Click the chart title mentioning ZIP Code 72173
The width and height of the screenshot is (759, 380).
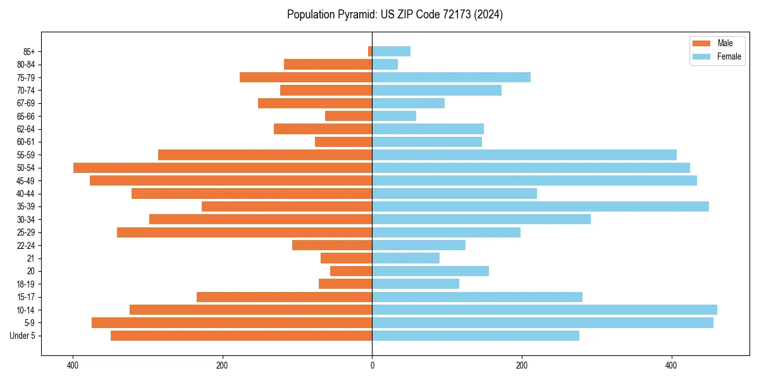(x=395, y=15)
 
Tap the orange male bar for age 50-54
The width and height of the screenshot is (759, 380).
(x=223, y=168)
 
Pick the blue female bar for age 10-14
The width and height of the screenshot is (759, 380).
(x=544, y=310)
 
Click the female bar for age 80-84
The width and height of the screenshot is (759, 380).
(x=385, y=65)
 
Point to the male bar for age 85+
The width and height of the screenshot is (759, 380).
(x=370, y=51)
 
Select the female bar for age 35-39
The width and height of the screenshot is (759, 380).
(x=540, y=206)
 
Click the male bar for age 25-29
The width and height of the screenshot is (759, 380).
(x=244, y=232)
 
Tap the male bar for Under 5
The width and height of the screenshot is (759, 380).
(x=241, y=336)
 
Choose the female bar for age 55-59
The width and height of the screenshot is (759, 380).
(x=524, y=155)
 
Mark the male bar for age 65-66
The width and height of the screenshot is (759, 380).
(x=349, y=116)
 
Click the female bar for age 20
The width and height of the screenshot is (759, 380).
(x=430, y=271)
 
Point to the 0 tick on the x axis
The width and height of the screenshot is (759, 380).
(x=372, y=365)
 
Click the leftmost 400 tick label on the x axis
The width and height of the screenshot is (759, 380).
(x=73, y=365)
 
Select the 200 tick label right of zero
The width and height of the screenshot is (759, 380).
(x=521, y=365)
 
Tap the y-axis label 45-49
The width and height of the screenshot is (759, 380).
(x=26, y=180)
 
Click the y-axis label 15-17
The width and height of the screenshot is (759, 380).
(x=26, y=297)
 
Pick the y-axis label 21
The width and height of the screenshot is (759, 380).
(x=31, y=258)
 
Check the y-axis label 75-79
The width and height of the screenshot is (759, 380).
(x=26, y=77)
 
